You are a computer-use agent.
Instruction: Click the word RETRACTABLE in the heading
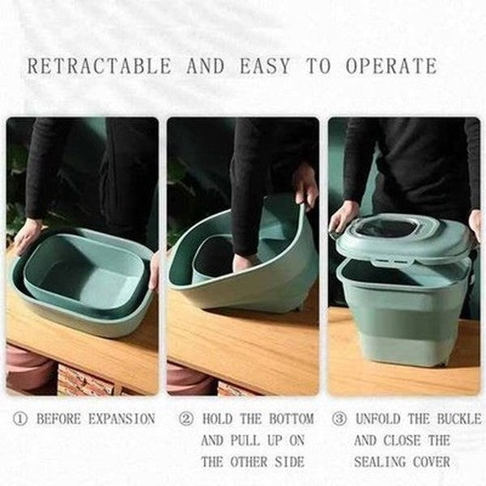pyautogui.click(x=98, y=66)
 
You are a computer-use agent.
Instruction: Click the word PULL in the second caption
pyautogui.click(x=259, y=441)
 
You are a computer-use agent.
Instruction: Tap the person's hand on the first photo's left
pyautogui.click(x=27, y=235)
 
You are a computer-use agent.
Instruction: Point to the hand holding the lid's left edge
pyautogui.click(x=343, y=217)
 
